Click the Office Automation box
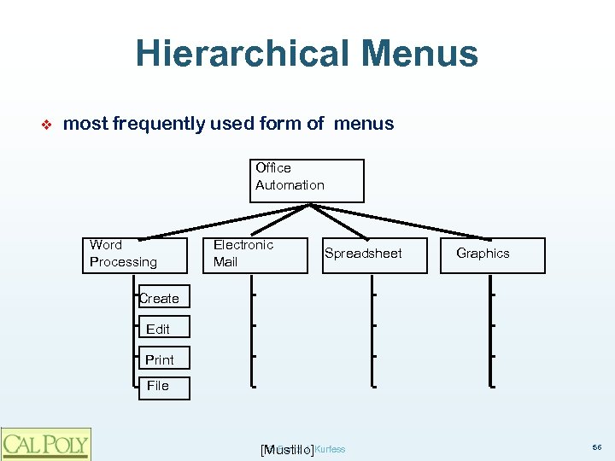[307, 180]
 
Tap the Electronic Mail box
[258, 254]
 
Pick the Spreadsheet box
[374, 254]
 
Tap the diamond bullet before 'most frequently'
[48, 124]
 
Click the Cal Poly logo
[46, 443]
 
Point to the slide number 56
[596, 447]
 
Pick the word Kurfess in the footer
[331, 449]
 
